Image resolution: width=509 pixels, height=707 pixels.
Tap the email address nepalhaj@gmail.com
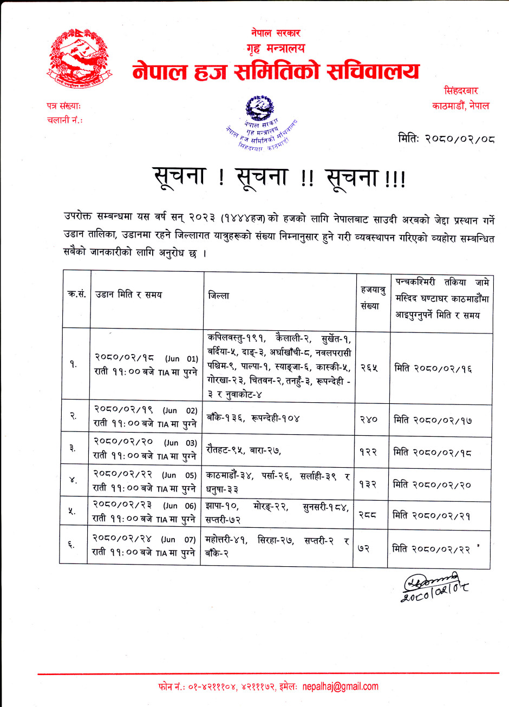[x=341, y=686]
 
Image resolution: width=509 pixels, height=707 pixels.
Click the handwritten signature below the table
[x=434, y=586]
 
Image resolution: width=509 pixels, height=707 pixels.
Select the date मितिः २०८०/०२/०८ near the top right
[x=446, y=139]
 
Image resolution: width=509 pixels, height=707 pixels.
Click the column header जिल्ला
[x=218, y=296]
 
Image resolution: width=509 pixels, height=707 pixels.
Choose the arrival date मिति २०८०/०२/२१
[x=431, y=515]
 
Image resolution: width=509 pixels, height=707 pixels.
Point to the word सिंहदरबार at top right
[x=461, y=91]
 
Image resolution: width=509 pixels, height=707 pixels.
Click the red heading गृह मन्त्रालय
[x=276, y=49]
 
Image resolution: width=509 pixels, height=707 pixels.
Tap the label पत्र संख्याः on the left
[x=64, y=107]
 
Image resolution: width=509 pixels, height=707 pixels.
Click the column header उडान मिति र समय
[x=128, y=294]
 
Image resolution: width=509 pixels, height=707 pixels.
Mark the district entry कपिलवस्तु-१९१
[x=236, y=339]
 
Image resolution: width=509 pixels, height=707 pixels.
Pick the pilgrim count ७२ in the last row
[x=363, y=548]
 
